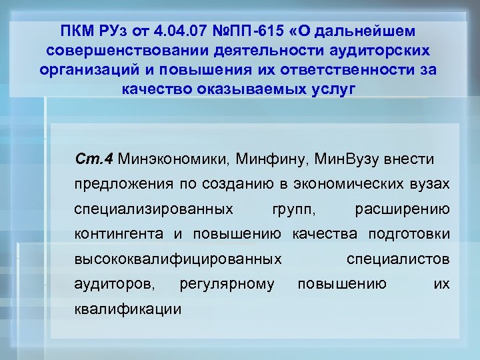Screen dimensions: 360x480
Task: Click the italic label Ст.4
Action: (96, 159)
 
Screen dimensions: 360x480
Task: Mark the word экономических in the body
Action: (351, 184)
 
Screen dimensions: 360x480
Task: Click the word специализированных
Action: (154, 209)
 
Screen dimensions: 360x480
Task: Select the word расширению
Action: (403, 209)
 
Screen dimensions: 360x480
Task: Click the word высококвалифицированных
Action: (178, 259)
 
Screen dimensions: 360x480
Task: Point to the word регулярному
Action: (227, 285)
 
